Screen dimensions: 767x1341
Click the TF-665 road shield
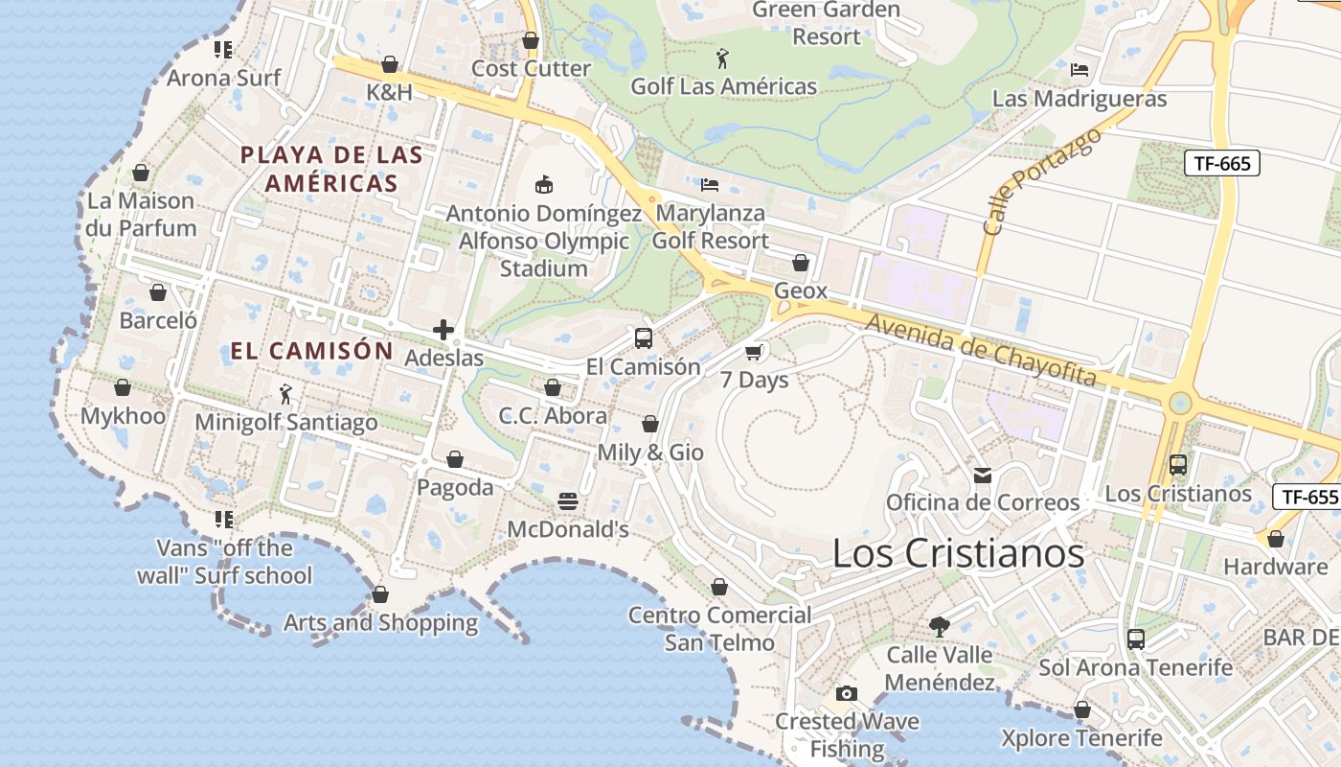coord(1222,163)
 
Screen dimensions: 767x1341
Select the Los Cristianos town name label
coord(958,554)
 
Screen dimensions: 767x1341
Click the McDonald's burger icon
coord(568,501)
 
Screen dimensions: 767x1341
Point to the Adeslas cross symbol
coord(443,331)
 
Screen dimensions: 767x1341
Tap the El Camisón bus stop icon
coord(644,338)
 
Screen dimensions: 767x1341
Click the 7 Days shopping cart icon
coord(754,353)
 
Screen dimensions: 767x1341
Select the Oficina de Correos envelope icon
coord(983,475)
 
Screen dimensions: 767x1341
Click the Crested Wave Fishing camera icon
coord(846,693)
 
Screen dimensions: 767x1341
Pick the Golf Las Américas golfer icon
coord(723,58)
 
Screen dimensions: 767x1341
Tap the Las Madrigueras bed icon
coord(1080,70)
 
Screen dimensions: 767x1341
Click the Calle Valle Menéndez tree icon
coord(940,627)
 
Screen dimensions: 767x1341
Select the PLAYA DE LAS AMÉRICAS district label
coord(331,169)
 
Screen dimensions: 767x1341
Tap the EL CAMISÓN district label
coord(312,351)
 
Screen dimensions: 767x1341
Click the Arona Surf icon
coord(223,50)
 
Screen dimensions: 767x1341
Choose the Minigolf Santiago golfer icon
coord(285,394)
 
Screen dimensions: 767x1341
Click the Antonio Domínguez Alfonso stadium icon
coord(543,184)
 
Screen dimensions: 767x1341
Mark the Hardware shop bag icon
coord(1276,540)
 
